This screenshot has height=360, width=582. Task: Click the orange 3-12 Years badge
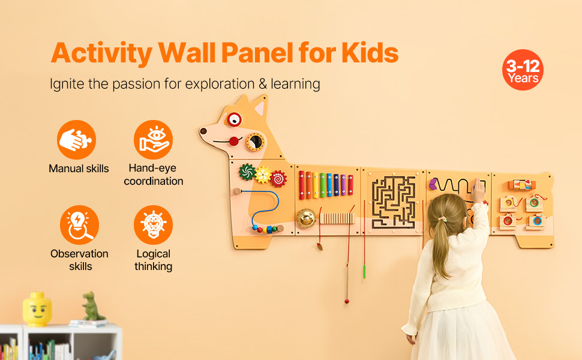[523, 70]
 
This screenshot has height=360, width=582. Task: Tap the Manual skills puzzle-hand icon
[76, 140]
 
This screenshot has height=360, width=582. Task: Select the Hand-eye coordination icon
[153, 140]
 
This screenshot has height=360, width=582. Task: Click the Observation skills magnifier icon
[79, 225]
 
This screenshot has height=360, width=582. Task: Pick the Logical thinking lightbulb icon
[153, 225]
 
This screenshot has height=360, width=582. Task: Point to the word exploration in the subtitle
[220, 84]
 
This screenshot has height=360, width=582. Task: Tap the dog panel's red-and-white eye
[234, 119]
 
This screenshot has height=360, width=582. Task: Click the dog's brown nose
[203, 131]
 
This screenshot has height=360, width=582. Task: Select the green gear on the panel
[247, 172]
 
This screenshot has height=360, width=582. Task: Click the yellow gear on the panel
[263, 175]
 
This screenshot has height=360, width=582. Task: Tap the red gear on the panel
[278, 179]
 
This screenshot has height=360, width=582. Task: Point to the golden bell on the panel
[306, 218]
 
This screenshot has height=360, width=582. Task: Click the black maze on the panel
[394, 202]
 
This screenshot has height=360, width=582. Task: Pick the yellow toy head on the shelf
[37, 309]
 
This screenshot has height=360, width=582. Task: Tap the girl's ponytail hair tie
[442, 219]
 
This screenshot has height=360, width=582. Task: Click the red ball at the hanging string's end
[347, 301]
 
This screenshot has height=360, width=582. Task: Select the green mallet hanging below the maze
[364, 271]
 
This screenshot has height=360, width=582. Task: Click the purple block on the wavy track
[433, 184]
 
